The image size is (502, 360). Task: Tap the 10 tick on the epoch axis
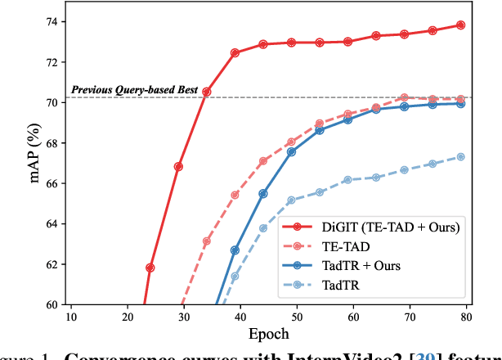[70, 317]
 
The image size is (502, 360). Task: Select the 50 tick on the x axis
[297, 317]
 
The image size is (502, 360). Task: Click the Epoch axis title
[268, 335]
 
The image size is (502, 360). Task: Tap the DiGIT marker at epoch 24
[150, 268]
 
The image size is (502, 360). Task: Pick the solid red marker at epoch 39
[235, 53]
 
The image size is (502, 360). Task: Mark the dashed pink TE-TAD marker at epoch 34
[207, 241]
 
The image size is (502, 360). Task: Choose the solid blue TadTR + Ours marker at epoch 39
[235, 250]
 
